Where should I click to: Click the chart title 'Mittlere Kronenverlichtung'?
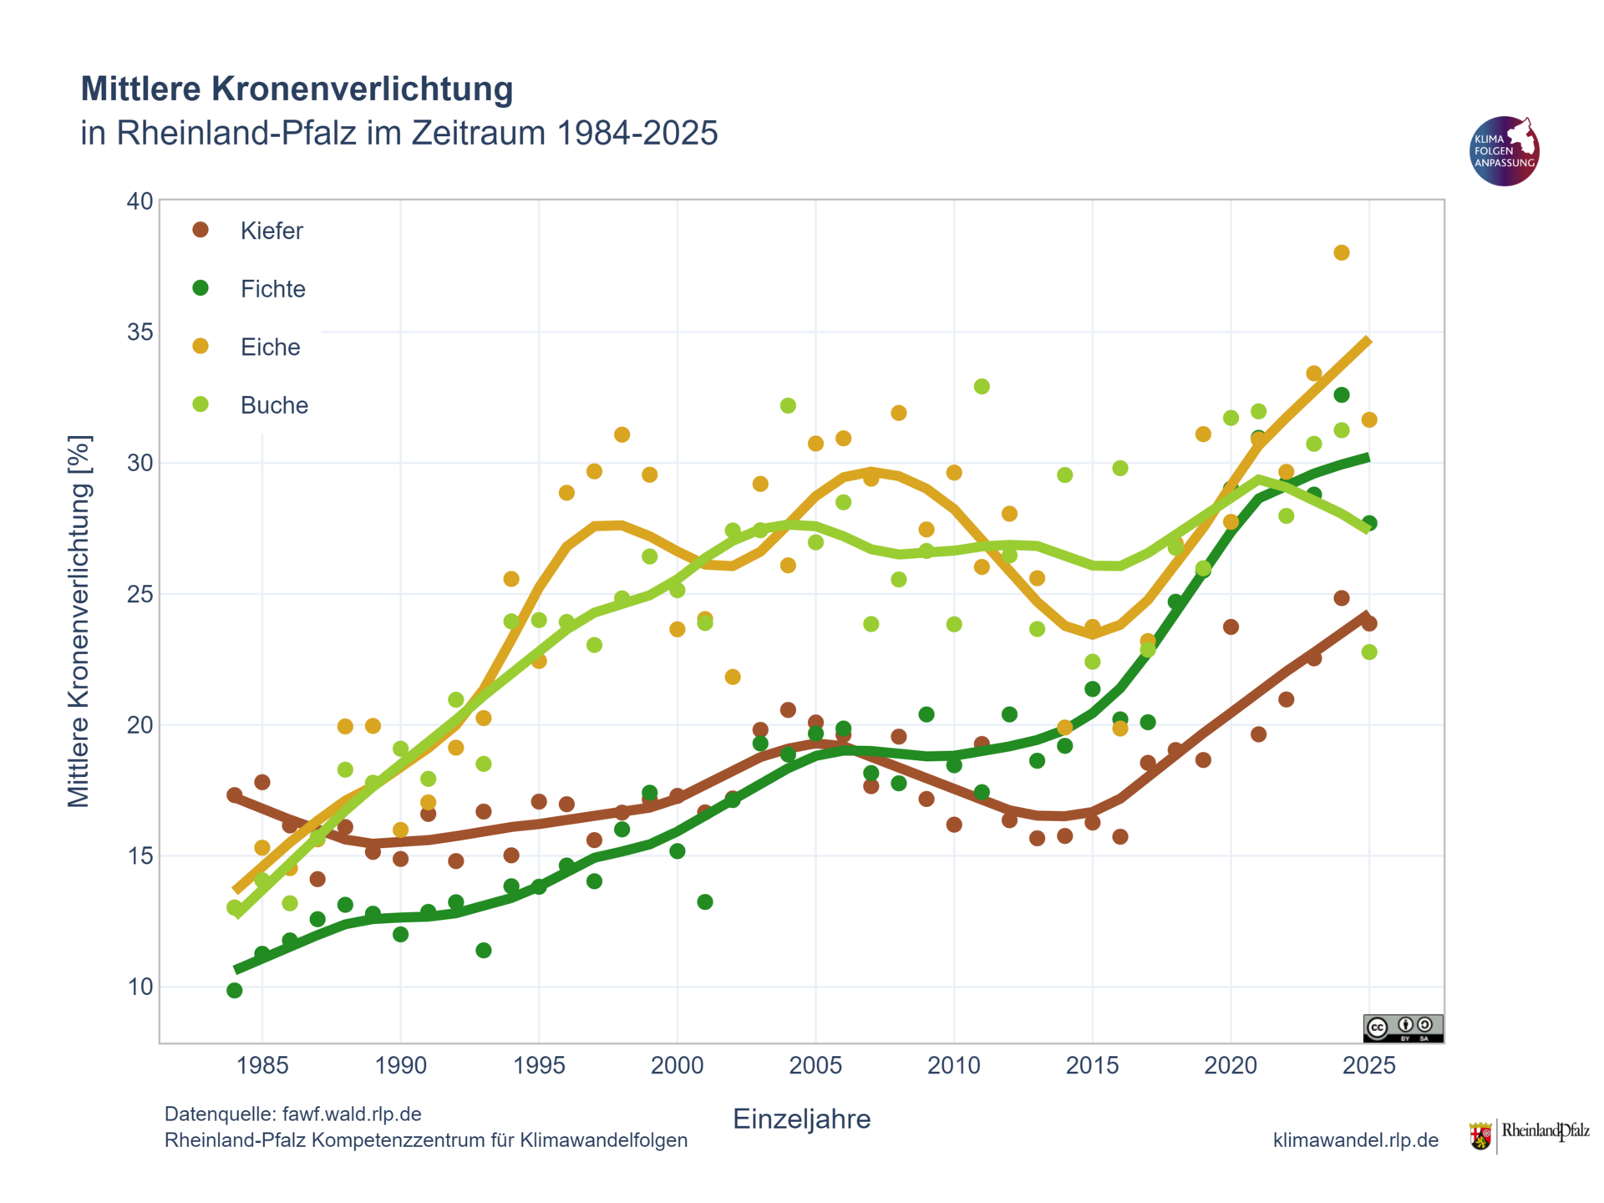[x=297, y=89]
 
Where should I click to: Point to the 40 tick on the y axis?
[x=140, y=201]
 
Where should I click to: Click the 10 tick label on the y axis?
[x=140, y=987]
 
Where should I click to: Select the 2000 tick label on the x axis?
[x=677, y=1065]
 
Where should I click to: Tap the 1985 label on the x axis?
[x=262, y=1065]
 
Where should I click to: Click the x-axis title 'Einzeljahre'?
[x=801, y=1119]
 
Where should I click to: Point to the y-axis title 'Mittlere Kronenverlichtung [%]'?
[x=79, y=622]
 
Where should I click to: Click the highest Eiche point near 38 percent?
[x=1342, y=253]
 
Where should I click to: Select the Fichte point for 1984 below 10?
[x=235, y=991]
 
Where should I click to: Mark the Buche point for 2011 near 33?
[x=982, y=387]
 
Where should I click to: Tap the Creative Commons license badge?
[x=1403, y=1028]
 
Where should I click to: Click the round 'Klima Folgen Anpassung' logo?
[x=1504, y=151]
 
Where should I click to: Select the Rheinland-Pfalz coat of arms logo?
[x=1480, y=1137]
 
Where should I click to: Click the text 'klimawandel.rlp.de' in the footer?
[x=1355, y=1140]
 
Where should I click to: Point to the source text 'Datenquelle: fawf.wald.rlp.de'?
[x=293, y=1114]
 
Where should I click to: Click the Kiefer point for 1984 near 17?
[x=235, y=795]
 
